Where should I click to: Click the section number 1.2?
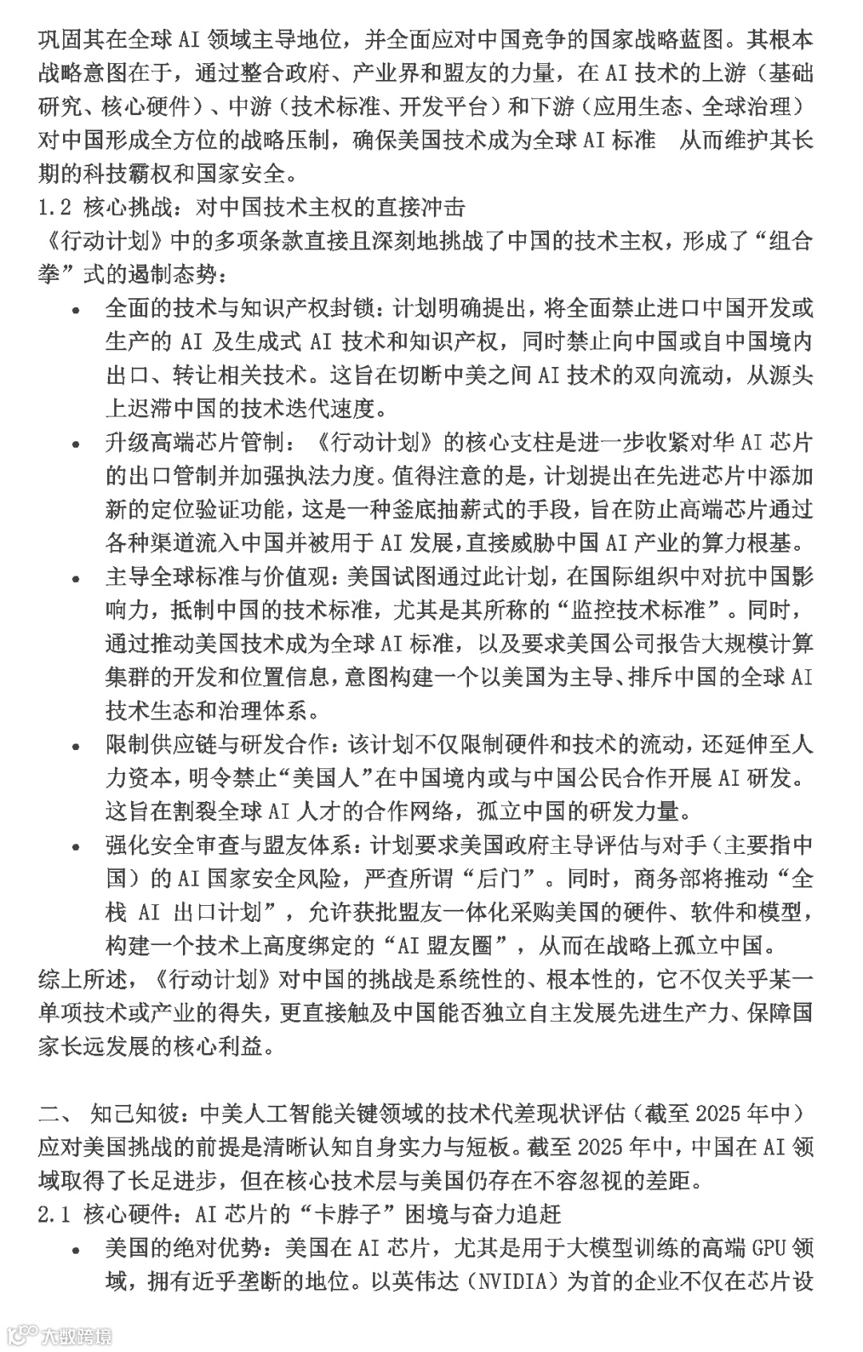[55, 208]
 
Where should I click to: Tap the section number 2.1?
[55, 1215]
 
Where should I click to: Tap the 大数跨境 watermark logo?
[60, 1334]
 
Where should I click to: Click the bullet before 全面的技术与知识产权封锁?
[76, 310]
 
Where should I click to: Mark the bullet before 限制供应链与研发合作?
[76, 747]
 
